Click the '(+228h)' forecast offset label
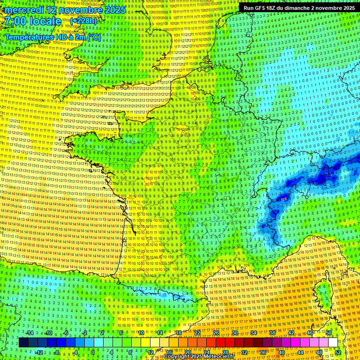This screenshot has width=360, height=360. click(x=83, y=21)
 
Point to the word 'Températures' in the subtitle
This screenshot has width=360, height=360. click(x=30, y=37)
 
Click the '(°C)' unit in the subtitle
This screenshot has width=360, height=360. click(x=94, y=37)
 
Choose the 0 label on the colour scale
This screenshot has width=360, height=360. click(x=93, y=352)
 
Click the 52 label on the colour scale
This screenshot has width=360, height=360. click(x=337, y=352)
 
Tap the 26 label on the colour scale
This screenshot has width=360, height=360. click(x=216, y=333)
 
